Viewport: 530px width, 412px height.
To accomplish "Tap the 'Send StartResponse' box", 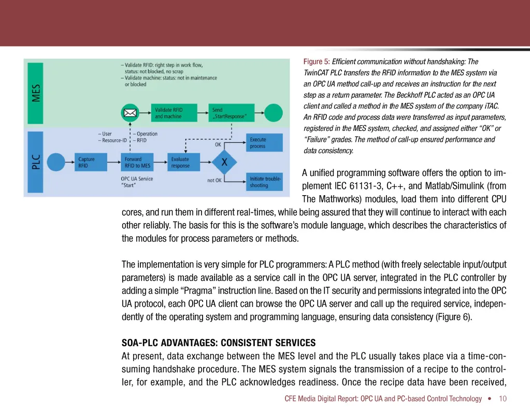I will (228, 113).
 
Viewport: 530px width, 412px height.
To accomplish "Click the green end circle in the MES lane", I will (273, 112).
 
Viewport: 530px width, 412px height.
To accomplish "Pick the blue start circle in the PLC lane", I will (55, 163).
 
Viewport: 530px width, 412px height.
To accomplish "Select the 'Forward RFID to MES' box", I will (138, 163).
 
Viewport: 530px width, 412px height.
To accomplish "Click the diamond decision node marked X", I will (224, 162).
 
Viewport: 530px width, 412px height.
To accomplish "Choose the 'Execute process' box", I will (264, 142).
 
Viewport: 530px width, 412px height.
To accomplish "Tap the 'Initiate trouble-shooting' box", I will (264, 182).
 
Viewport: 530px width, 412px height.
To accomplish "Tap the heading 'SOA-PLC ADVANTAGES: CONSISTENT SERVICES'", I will (218, 343).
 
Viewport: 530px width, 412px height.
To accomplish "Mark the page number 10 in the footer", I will (503, 399).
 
